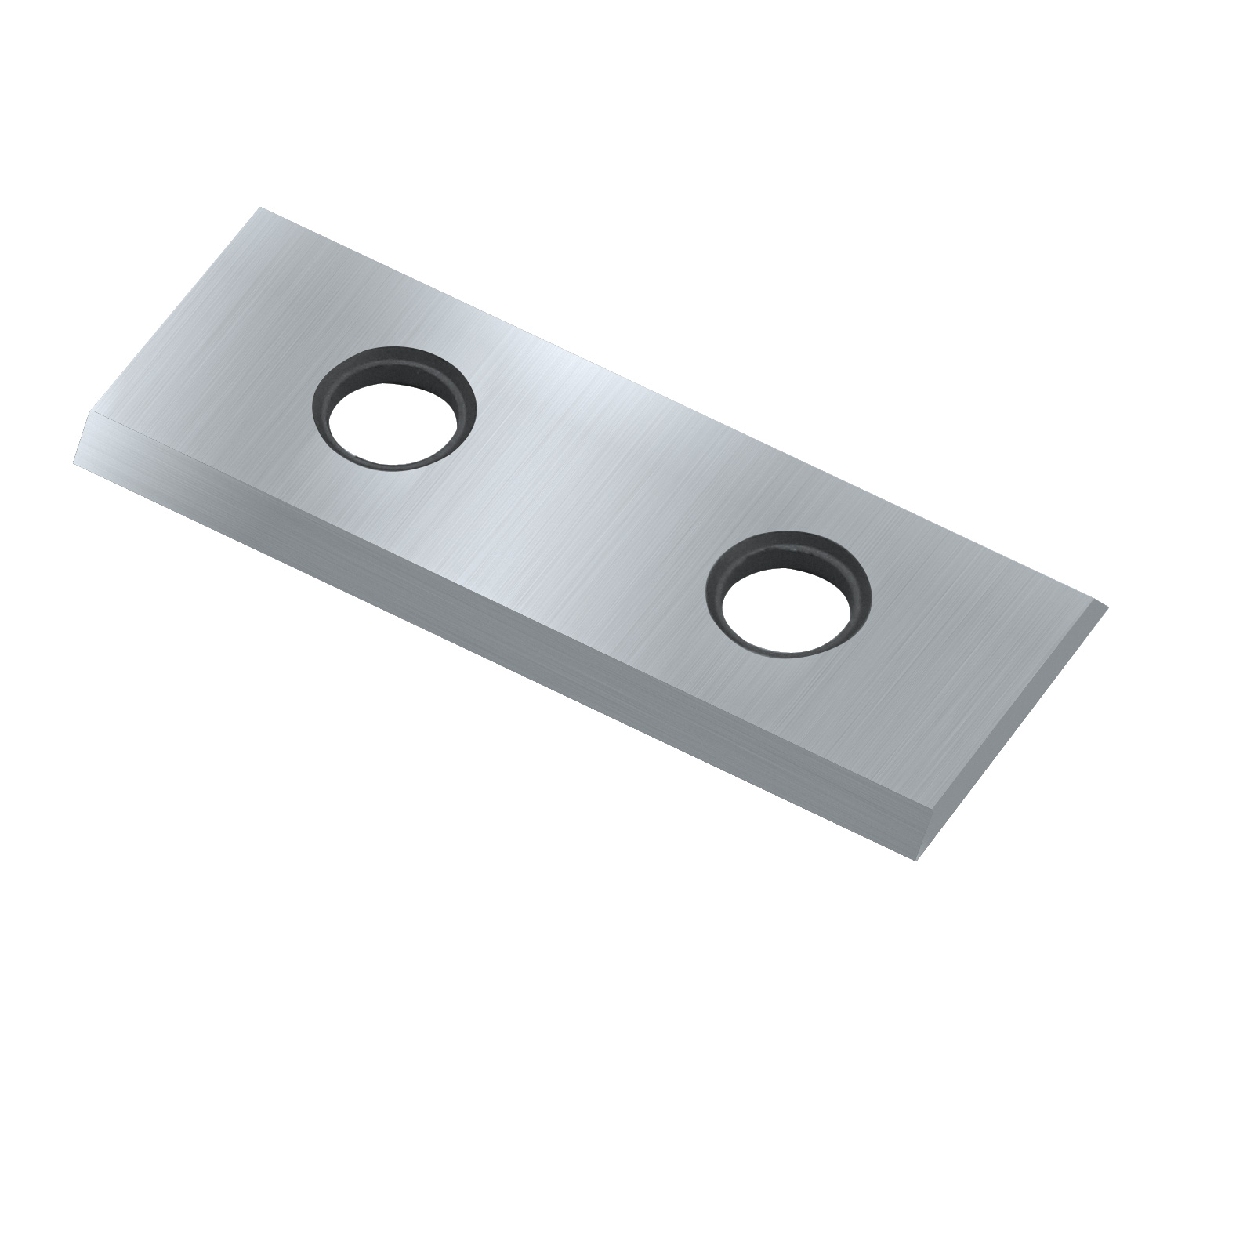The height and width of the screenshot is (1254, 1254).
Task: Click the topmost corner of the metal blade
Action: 259,208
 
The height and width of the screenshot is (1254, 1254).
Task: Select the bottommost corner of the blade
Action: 915,861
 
